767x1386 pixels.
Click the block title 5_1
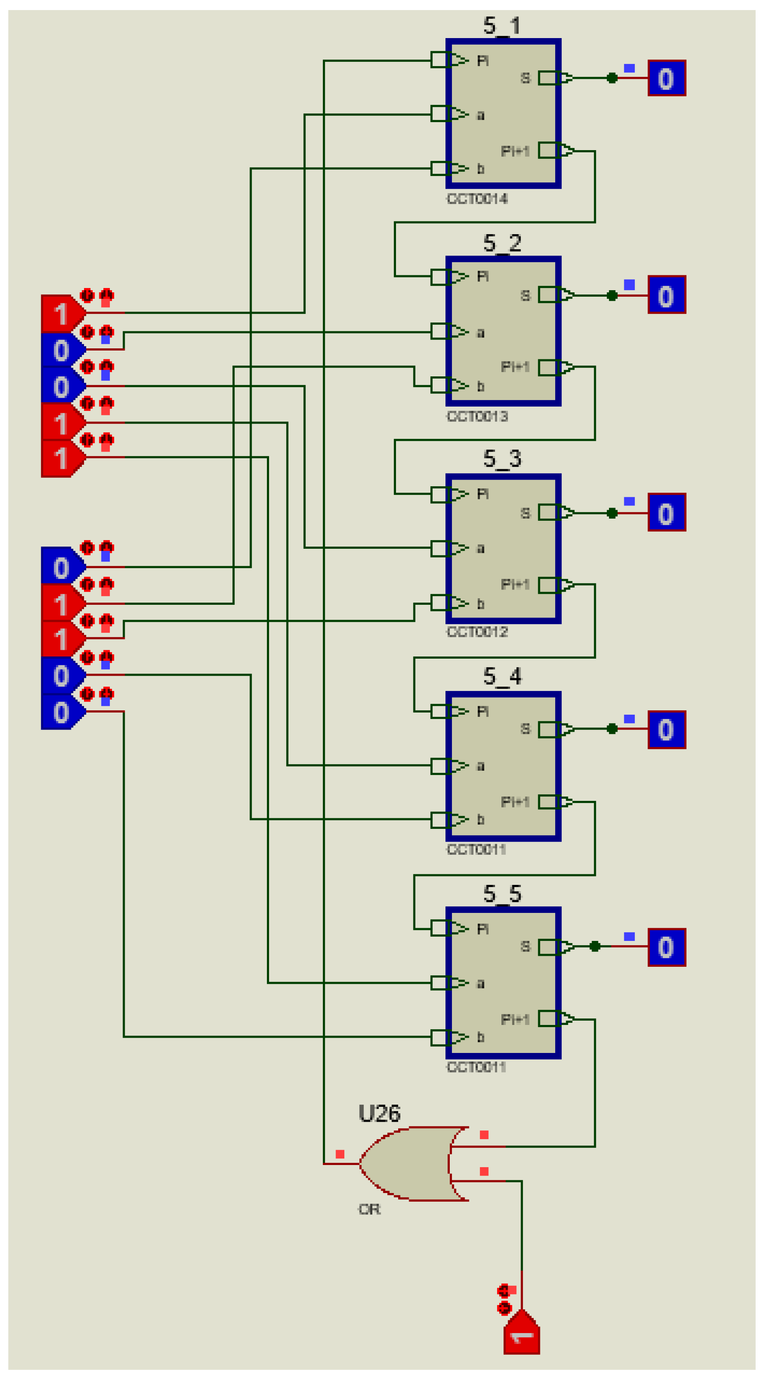501,25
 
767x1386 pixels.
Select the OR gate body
409,1163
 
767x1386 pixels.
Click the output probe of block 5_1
666,78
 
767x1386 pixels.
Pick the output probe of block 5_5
666,947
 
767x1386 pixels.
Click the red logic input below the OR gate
521,1333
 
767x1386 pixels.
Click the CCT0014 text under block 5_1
477,199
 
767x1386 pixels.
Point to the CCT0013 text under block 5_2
477,417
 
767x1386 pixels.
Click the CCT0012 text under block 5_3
477,632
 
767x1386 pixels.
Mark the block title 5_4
501,676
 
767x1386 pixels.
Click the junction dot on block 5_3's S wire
612,513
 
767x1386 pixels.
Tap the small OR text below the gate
369,1210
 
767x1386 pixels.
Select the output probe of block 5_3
666,513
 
